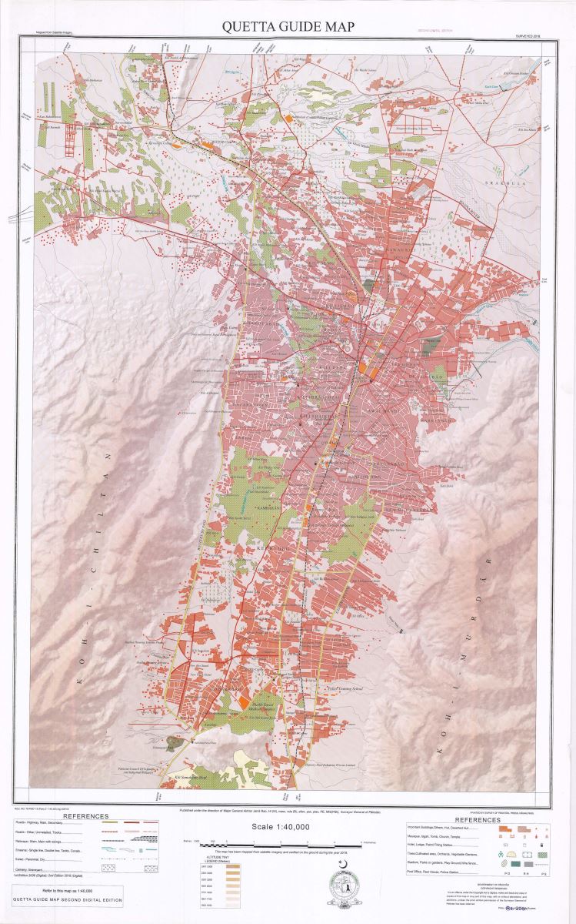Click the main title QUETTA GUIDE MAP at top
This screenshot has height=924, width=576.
pyautogui.click(x=288, y=26)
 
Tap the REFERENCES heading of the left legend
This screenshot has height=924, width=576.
pyautogui.click(x=85, y=816)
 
